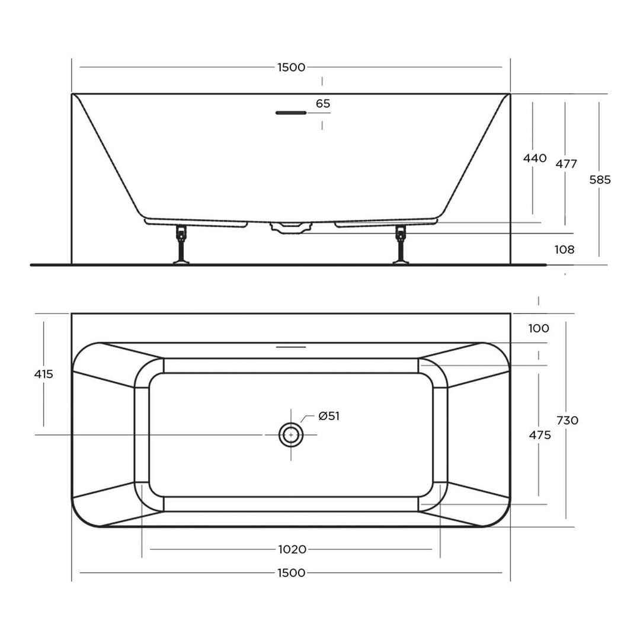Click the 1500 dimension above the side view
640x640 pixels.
(x=291, y=67)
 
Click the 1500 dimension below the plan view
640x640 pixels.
(x=291, y=572)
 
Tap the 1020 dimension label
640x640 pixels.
(x=292, y=549)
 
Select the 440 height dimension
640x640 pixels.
(x=535, y=158)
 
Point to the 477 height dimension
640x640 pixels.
(x=567, y=164)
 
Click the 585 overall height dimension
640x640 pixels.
(x=600, y=180)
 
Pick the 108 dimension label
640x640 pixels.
(x=564, y=249)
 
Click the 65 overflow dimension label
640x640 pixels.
(x=323, y=104)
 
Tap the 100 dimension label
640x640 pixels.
(x=539, y=328)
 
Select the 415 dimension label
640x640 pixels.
(x=44, y=374)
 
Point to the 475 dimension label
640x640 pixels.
(x=540, y=435)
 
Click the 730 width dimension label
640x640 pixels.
(x=567, y=420)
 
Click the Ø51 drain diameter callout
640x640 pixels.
(x=329, y=416)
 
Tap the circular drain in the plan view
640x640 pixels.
(x=291, y=435)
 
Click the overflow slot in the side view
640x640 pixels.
(x=291, y=113)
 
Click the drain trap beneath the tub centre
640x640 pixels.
(x=290, y=228)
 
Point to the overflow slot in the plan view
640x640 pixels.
(x=291, y=346)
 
